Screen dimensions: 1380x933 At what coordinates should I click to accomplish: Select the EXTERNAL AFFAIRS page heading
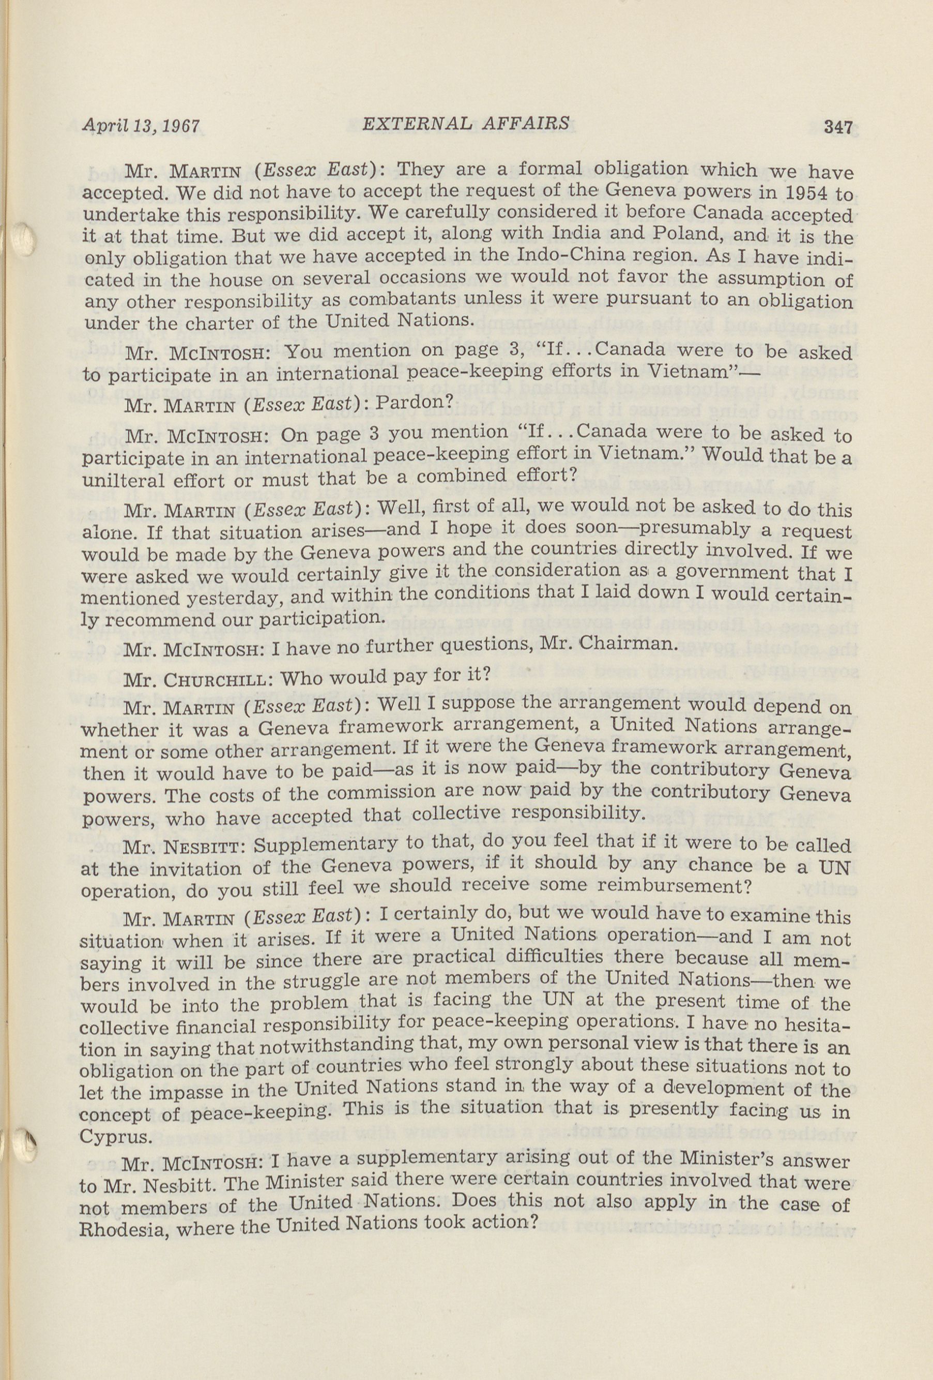pos(466,124)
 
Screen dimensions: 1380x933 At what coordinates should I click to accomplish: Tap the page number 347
pos(837,127)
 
